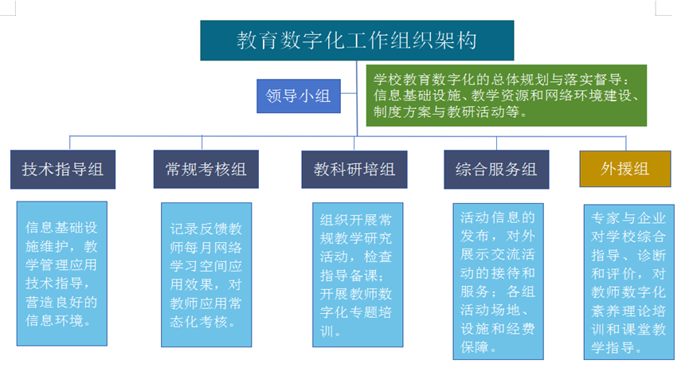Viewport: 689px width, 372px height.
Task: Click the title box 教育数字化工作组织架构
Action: point(357,41)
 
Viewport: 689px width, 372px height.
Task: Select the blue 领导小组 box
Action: point(299,96)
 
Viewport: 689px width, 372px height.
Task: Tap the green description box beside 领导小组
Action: point(507,96)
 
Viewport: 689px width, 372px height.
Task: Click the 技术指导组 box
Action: point(63,170)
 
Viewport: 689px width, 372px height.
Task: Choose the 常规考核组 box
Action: point(206,169)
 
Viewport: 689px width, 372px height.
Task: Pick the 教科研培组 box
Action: point(354,170)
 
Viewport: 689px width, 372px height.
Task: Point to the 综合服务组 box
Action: point(496,170)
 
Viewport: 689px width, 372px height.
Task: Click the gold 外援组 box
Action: point(625,169)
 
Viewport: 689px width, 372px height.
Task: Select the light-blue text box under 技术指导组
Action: point(62,273)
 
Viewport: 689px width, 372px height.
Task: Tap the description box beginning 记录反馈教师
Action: point(206,275)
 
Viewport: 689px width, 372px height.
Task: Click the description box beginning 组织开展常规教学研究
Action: point(358,275)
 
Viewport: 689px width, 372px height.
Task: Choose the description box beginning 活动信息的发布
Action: point(499,281)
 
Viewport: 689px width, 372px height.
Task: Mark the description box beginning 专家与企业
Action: point(628,282)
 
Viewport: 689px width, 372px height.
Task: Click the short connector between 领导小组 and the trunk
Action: point(348,93)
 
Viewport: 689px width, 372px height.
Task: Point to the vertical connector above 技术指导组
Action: point(70,143)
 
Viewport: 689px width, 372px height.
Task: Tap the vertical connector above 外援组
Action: point(626,143)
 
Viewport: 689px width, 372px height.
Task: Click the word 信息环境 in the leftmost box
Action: point(54,320)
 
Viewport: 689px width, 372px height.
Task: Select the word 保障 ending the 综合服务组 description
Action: point(475,347)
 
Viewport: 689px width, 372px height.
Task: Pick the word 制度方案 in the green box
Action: point(403,112)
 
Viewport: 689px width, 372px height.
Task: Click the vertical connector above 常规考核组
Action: point(202,143)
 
